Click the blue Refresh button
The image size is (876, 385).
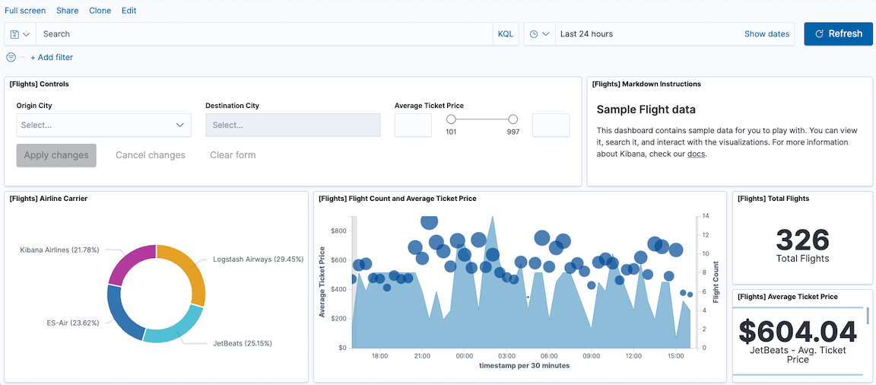838,33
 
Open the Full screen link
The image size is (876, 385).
25,11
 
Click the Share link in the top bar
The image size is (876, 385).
67,11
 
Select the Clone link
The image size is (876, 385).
100,11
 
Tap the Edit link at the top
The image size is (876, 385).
129,11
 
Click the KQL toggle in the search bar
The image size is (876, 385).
505,34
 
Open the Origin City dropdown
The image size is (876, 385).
103,125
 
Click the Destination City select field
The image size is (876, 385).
293,125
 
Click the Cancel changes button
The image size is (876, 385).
151,155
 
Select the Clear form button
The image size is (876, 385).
233,155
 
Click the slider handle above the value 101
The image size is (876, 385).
451,119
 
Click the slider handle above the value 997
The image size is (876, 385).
513,119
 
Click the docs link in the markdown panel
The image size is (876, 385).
697,154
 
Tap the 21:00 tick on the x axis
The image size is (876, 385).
422,355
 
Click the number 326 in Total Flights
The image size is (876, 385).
803,240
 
